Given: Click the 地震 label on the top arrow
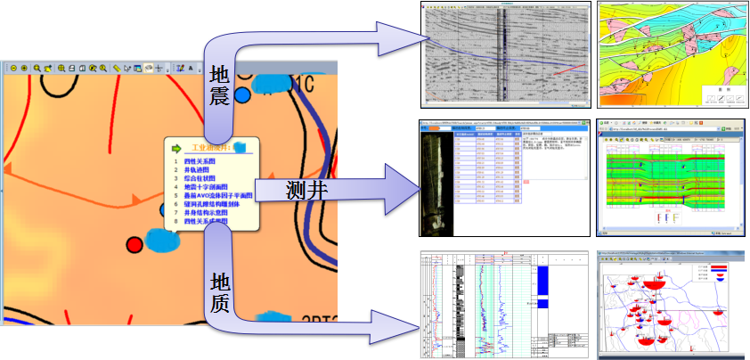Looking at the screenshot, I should (219, 87).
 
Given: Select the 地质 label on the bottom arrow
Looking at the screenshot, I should (220, 293).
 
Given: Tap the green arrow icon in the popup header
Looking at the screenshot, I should (176, 148).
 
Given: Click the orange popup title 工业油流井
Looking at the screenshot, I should (212, 148).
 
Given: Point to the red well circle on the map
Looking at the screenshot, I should (135, 244).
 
